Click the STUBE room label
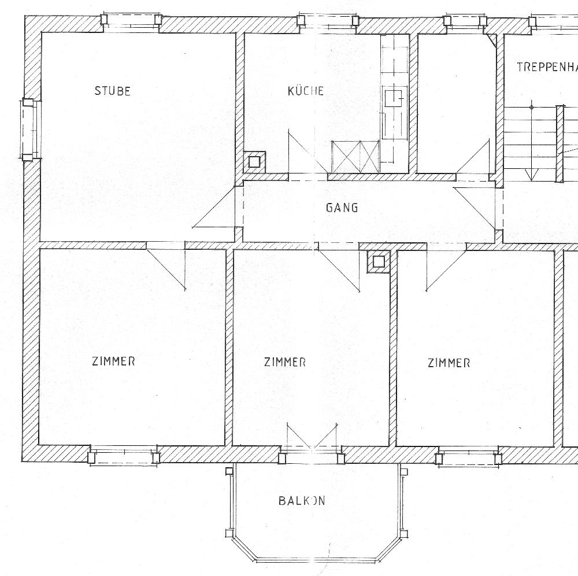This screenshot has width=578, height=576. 113,91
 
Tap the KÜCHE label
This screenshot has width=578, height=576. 306,91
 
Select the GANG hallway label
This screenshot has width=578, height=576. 342,208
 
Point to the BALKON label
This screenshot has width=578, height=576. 302,501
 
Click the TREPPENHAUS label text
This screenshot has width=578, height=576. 547,67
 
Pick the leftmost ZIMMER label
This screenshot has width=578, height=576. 113,361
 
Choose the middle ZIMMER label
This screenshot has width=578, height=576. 284,362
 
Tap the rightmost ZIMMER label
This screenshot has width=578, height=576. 449,363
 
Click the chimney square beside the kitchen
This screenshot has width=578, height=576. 254,162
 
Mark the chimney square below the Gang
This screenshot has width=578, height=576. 378,262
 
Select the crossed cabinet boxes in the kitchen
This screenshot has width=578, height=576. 355,157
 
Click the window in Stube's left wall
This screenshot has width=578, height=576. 30,130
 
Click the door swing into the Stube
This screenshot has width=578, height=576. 214,207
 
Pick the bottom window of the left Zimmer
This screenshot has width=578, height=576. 124,456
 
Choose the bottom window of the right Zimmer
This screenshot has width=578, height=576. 468,457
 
